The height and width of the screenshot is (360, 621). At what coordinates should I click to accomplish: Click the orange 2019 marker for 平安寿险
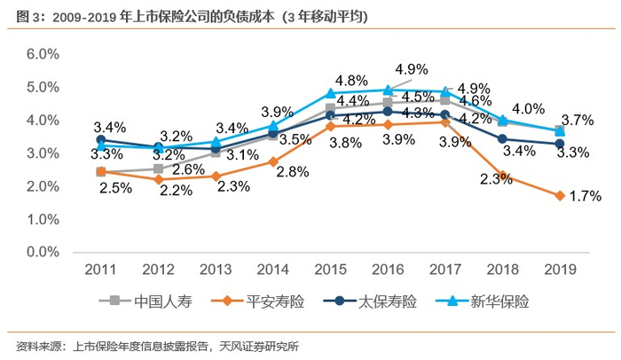tap(560, 195)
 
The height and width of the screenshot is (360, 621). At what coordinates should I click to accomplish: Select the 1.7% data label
tap(585, 196)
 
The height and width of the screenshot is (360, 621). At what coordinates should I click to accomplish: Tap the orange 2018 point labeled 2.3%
tap(503, 176)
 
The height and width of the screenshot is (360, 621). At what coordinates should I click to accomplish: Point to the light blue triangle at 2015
tap(330, 93)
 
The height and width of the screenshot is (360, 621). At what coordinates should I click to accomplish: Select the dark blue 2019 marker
tap(560, 144)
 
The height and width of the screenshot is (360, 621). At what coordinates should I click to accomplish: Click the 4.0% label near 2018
tap(528, 109)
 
